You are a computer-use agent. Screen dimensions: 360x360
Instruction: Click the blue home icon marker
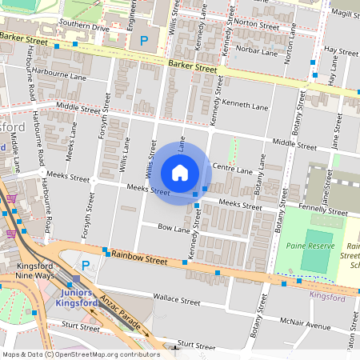(x=180, y=173)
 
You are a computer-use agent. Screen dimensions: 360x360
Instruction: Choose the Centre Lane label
(x=233, y=169)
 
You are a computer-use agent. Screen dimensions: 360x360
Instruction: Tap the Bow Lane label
(x=174, y=229)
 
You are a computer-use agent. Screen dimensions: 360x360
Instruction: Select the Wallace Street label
(x=177, y=301)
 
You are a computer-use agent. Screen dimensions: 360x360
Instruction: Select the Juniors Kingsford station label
(x=79, y=298)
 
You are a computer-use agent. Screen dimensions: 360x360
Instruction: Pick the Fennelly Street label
(x=322, y=213)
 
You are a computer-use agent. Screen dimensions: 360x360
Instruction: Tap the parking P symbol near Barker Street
(x=144, y=40)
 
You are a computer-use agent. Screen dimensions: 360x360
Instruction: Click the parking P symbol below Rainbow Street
(x=85, y=264)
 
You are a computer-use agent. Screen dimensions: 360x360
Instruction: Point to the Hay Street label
(x=342, y=51)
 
